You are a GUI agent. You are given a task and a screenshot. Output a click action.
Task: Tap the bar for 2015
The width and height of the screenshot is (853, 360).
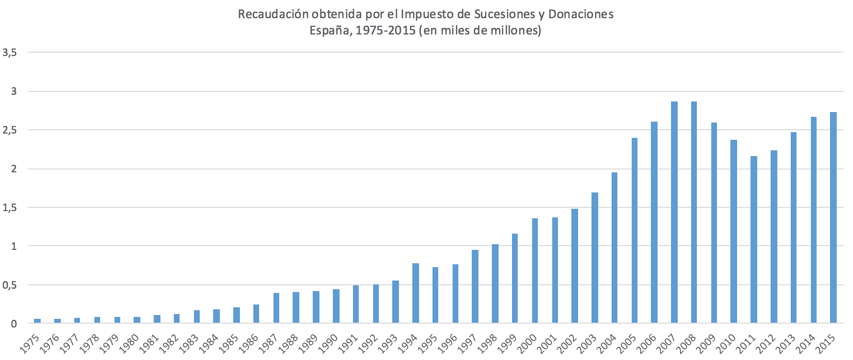pos(833,217)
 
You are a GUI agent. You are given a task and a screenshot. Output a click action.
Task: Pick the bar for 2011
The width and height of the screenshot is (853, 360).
pos(754,239)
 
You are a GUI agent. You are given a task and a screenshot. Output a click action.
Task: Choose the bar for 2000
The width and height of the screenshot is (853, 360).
pos(535,270)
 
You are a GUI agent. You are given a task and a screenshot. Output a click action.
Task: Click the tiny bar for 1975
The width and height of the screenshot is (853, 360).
pos(37,320)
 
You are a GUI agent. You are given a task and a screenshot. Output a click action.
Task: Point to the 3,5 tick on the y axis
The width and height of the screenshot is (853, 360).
pos(10,53)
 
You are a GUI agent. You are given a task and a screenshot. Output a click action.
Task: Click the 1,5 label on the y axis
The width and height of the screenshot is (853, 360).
pos(10,208)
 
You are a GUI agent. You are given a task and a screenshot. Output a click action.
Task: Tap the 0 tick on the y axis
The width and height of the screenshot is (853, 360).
pos(14,324)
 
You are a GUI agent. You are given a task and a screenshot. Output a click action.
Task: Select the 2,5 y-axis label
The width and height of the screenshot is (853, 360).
pos(10,130)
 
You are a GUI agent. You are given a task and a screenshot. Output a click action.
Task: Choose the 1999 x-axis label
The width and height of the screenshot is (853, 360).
pos(508,343)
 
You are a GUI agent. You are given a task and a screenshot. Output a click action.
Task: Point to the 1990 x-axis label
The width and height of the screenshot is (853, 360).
pos(329,343)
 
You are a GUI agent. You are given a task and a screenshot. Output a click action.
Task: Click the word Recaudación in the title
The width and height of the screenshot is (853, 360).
pos(273,14)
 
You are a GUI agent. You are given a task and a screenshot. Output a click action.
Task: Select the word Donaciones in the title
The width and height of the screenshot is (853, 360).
pos(580,14)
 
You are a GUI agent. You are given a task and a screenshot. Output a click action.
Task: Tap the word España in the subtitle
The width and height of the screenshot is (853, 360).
pos(330,31)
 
